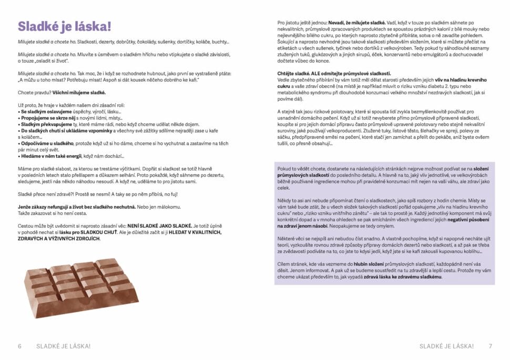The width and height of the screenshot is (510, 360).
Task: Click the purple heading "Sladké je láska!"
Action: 65,27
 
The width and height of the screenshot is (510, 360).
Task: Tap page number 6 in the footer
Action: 20,346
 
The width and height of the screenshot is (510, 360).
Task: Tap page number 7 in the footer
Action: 490,346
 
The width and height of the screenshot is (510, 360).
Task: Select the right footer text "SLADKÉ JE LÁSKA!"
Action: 447,346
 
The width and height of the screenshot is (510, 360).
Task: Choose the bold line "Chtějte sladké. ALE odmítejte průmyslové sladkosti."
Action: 334,73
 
